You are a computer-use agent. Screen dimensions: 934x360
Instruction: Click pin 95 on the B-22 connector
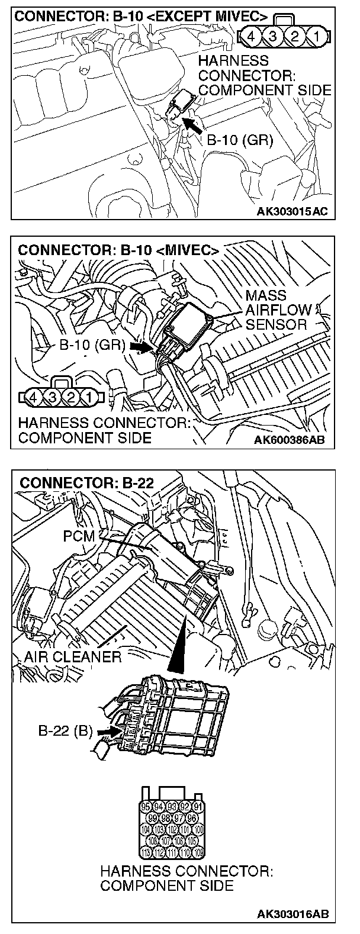pyautogui.click(x=146, y=807)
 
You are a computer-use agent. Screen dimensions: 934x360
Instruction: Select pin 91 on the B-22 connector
pyautogui.click(x=198, y=807)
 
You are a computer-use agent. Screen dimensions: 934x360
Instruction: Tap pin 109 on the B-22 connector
pyautogui.click(x=198, y=852)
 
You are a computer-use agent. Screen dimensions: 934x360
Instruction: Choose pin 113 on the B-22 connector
pyautogui.click(x=146, y=852)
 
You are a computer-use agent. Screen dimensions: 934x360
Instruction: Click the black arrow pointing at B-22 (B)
pyautogui.click(x=105, y=732)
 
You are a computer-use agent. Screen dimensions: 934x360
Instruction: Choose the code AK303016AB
pyautogui.click(x=290, y=915)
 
